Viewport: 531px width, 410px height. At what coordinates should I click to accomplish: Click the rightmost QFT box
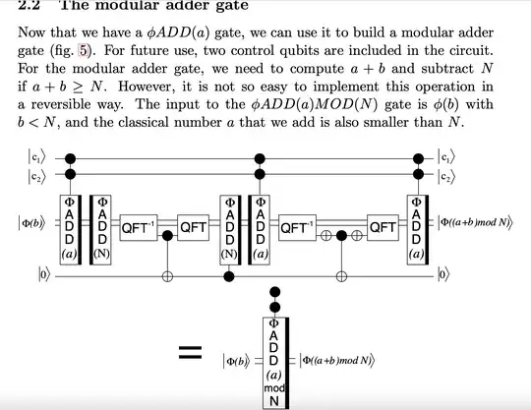click(382, 227)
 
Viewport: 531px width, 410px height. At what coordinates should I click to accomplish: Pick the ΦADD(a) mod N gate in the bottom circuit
click(275, 361)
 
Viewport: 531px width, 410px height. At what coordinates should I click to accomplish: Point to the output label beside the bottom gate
click(340, 361)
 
